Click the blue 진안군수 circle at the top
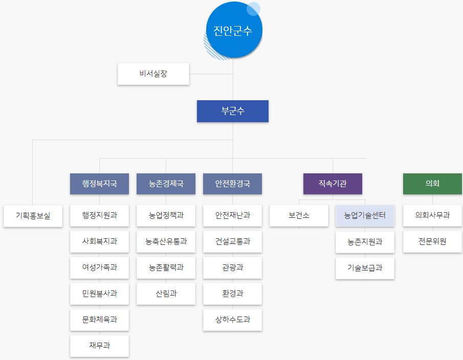pyautogui.click(x=233, y=31)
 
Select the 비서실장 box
pyautogui.click(x=153, y=74)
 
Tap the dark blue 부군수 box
pyautogui.click(x=233, y=111)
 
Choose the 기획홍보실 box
pyautogui.click(x=33, y=216)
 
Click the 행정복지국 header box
pyautogui.click(x=99, y=184)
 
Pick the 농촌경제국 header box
pyautogui.click(x=166, y=184)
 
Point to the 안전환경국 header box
pyautogui.click(x=232, y=184)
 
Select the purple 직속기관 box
pyautogui.click(x=333, y=184)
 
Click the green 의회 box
pyautogui.click(x=432, y=184)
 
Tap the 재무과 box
pyautogui.click(x=99, y=346)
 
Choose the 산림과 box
pyautogui.click(x=166, y=294)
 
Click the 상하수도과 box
pyautogui.click(x=232, y=320)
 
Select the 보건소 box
pyautogui.click(x=299, y=216)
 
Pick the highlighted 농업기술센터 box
pyautogui.click(x=365, y=216)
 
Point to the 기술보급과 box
pyautogui.click(x=365, y=268)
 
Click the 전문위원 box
pyautogui.click(x=432, y=242)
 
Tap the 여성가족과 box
pyautogui.click(x=99, y=268)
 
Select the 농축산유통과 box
pyautogui.click(x=166, y=242)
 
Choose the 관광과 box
pyautogui.click(x=232, y=268)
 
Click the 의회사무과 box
pyautogui.click(x=432, y=216)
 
